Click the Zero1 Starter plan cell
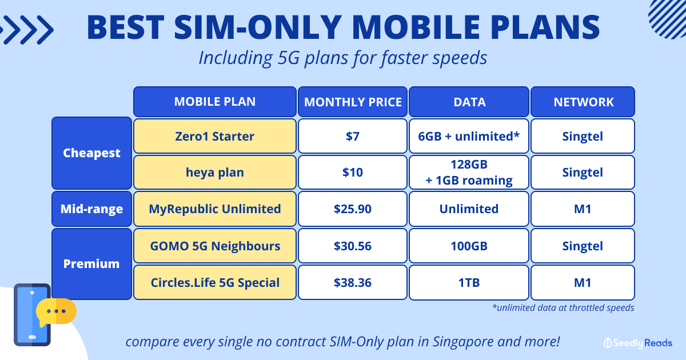click(x=215, y=136)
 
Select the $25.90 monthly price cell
click(x=353, y=209)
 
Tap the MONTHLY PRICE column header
click(x=353, y=102)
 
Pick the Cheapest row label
click(x=91, y=153)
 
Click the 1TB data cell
click(x=469, y=282)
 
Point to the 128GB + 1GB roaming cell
click(x=469, y=173)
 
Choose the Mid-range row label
click(x=91, y=209)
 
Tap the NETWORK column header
click(x=583, y=102)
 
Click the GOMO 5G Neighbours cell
click(x=215, y=246)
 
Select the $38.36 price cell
click(x=353, y=282)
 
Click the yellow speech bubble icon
click(x=56, y=311)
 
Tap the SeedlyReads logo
click(x=638, y=343)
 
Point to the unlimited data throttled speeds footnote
click(x=563, y=307)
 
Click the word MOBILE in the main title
click(x=416, y=27)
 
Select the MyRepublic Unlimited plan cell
click(x=215, y=209)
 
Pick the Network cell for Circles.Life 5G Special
click(x=583, y=282)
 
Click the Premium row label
click(x=91, y=264)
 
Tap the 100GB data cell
click(x=469, y=246)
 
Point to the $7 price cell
click(x=353, y=136)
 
